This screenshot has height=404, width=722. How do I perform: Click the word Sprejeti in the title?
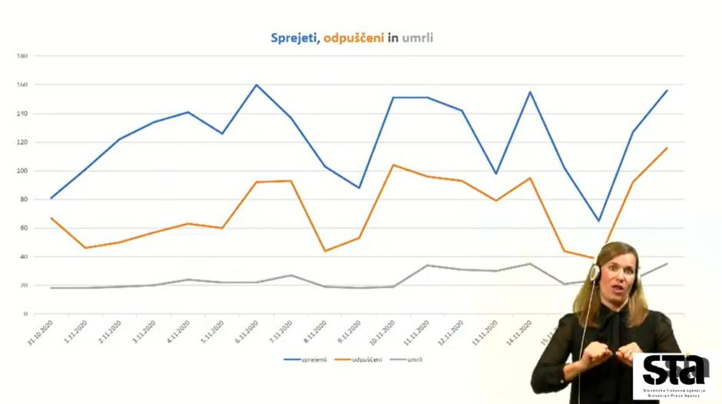point(294,37)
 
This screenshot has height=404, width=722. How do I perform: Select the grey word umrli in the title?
point(418,37)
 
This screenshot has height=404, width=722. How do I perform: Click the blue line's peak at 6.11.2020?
point(256,84)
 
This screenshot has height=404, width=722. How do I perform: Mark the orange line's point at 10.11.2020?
point(393,165)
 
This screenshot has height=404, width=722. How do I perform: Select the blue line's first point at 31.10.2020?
point(51,198)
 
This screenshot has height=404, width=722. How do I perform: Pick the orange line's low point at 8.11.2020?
point(324,251)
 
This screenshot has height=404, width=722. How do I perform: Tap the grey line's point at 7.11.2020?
point(290,275)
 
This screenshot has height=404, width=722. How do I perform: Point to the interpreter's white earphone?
point(594,272)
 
